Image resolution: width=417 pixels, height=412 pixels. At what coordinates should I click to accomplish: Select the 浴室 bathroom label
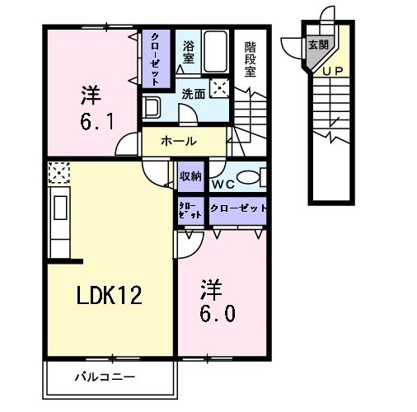tap(188, 52)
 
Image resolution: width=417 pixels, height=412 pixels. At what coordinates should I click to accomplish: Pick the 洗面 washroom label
tap(194, 94)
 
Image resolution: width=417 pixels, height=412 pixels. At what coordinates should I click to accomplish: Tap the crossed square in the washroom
tap(220, 88)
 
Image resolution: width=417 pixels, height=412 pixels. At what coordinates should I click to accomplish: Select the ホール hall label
tap(179, 141)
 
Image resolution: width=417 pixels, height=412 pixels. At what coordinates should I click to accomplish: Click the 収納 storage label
tap(190, 176)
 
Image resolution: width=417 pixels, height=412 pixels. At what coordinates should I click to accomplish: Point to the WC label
tap(223, 183)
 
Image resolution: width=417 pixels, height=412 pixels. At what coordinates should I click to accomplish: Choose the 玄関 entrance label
tap(317, 45)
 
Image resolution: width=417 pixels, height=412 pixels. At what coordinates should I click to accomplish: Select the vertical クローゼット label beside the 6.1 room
tap(155, 58)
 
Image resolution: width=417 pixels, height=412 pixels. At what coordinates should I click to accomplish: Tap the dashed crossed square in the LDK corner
tap(59, 173)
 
